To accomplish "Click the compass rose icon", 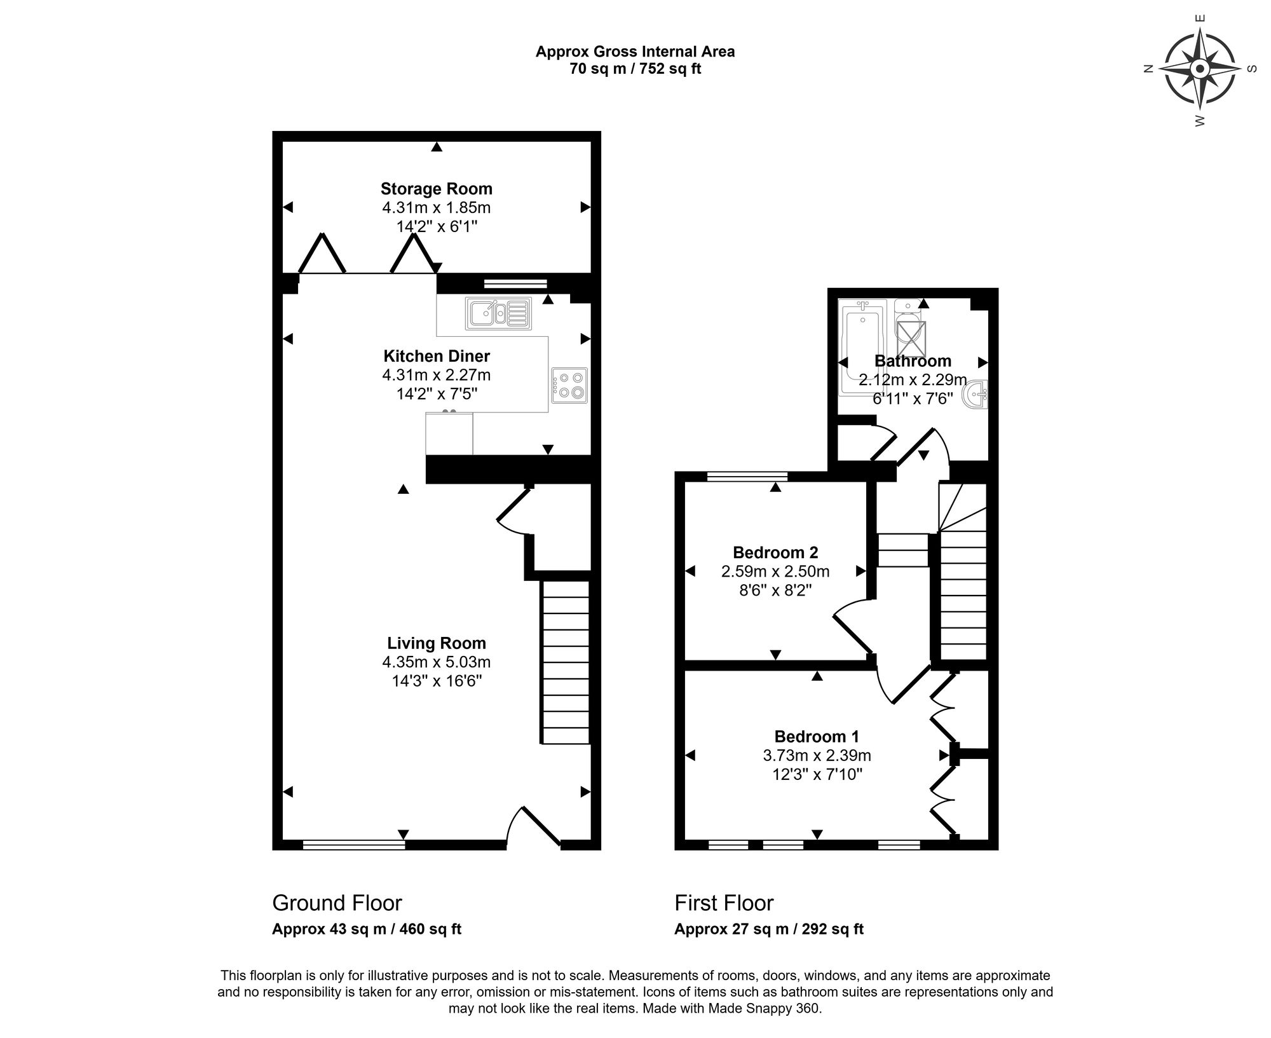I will [x=1199, y=69].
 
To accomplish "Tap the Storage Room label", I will [x=436, y=189].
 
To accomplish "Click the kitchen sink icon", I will [x=499, y=313].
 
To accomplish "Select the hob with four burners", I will [x=569, y=385].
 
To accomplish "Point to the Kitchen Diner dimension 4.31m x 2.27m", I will [x=436, y=375].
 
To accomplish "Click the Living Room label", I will [x=436, y=643].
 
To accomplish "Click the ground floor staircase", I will [x=566, y=661].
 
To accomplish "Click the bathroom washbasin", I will [x=976, y=395].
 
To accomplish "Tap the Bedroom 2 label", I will [x=775, y=552].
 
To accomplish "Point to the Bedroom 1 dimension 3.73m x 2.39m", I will [x=817, y=755].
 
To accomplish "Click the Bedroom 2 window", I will [x=747, y=475].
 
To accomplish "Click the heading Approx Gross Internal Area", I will [x=635, y=51].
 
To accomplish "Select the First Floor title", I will [x=724, y=903].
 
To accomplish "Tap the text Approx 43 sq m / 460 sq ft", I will [x=367, y=929].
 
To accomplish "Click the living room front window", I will [x=353, y=845].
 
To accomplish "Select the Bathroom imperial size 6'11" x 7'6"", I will [x=913, y=399].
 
